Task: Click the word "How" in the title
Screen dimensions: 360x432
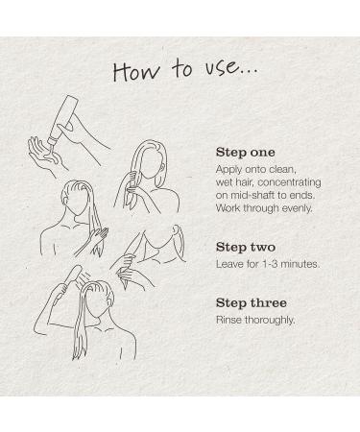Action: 136,71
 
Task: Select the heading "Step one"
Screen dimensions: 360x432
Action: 246,153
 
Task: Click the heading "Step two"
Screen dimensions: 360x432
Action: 246,247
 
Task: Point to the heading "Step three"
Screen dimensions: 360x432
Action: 252,303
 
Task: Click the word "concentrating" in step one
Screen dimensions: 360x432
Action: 289,182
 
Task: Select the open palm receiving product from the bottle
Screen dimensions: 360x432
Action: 44,155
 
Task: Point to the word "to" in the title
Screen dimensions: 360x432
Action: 182,69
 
